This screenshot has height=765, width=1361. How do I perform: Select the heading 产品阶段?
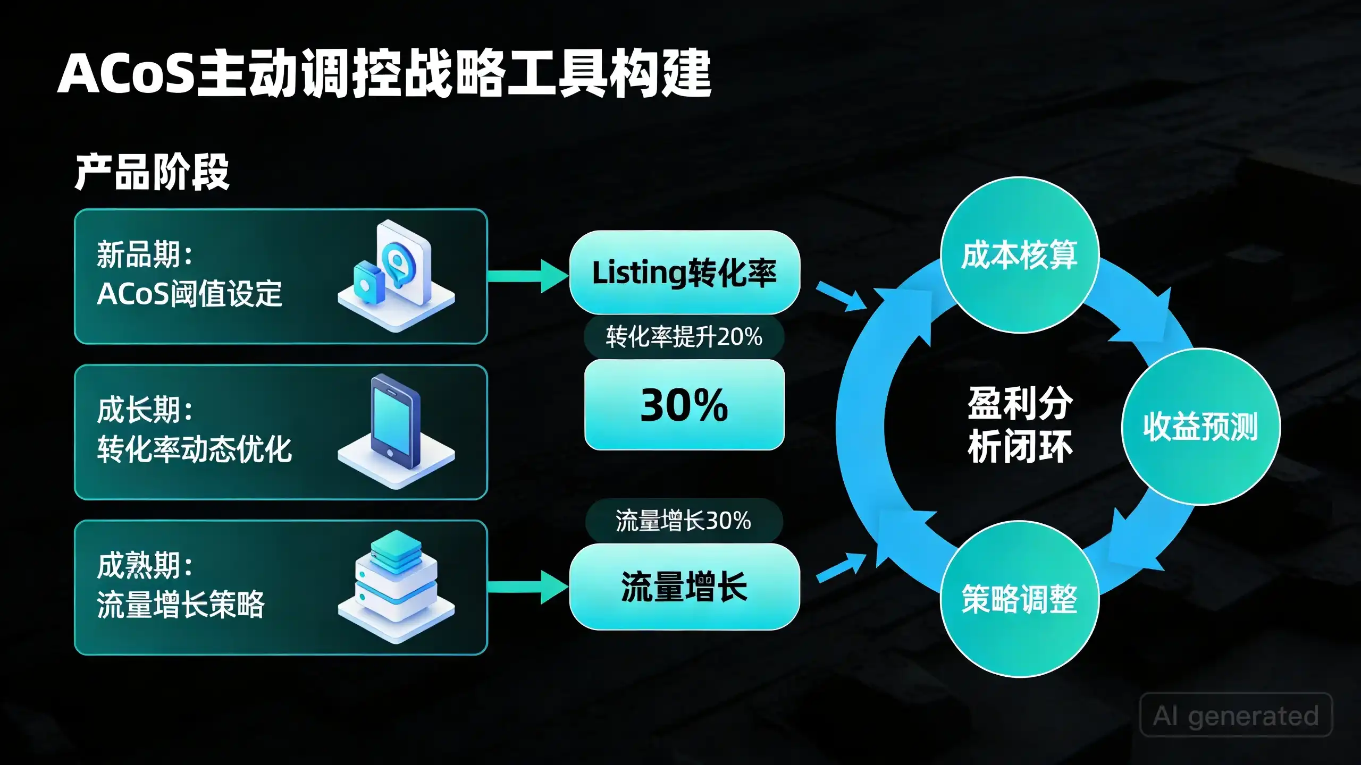(152, 172)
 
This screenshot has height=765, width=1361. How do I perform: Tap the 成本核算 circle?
(1020, 254)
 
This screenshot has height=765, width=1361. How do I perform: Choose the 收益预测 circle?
(1201, 427)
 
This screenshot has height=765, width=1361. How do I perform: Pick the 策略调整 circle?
(1020, 599)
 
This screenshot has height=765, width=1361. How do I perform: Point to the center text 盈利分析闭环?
(1020, 425)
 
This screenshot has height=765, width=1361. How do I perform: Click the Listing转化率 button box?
(685, 272)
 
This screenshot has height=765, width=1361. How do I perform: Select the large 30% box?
(684, 405)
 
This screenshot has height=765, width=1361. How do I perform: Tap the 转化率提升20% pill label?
(684, 337)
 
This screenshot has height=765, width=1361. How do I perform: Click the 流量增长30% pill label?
(684, 521)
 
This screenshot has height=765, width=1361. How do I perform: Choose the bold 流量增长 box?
(685, 586)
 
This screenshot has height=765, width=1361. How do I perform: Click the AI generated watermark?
(1236, 715)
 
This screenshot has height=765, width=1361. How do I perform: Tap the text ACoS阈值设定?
(189, 294)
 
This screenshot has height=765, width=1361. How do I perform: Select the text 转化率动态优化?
(194, 449)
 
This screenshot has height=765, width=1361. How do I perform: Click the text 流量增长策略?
(181, 604)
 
